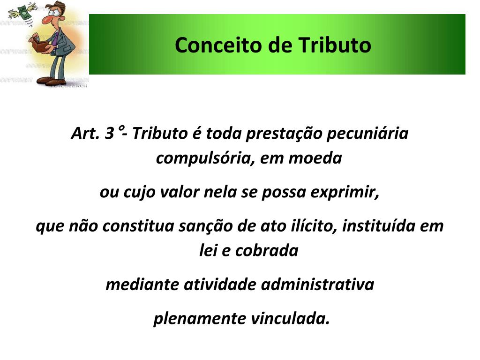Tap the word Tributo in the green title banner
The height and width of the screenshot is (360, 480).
335,45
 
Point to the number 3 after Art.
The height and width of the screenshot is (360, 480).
109,134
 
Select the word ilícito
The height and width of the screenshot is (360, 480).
312,226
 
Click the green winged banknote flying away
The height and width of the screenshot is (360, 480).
21,10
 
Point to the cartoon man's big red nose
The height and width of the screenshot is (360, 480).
46,20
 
